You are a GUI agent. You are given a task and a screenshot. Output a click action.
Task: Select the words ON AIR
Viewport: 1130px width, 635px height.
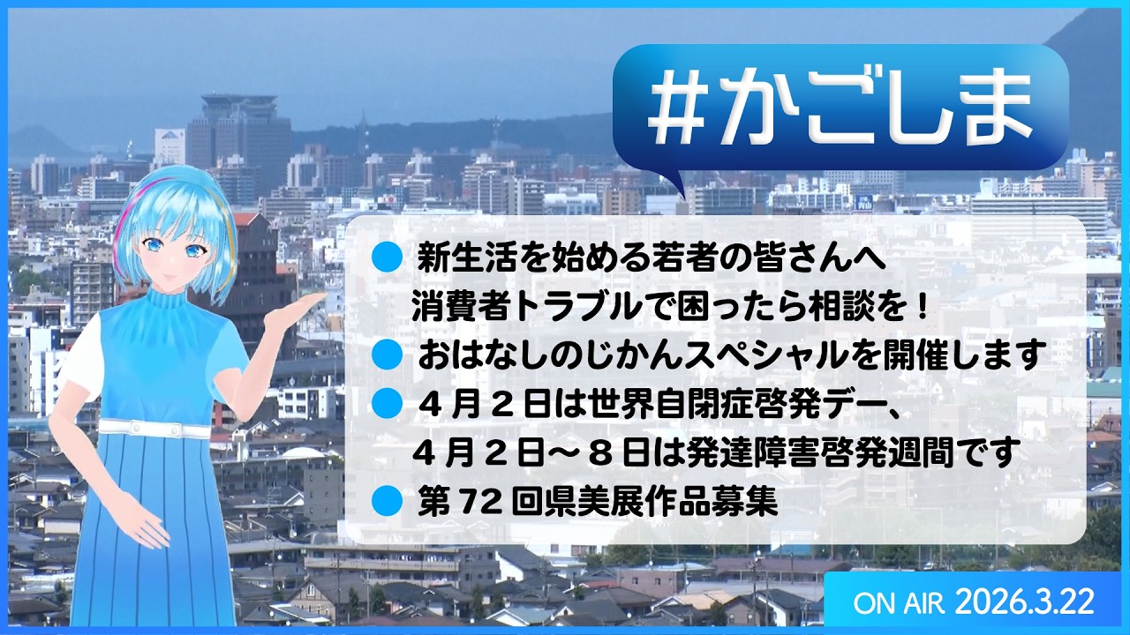pos(899,603)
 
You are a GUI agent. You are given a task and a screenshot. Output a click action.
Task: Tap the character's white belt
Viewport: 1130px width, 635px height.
pos(154,429)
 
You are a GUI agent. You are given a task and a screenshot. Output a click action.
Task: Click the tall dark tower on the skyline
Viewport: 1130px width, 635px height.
pos(238,132)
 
